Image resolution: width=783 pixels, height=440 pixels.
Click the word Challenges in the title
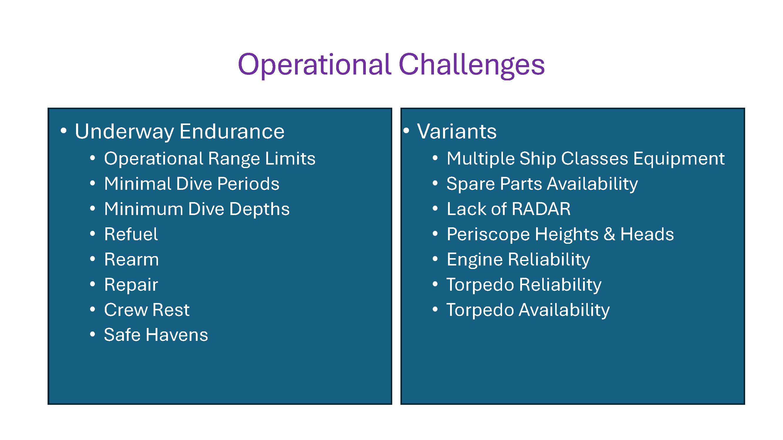[472, 65]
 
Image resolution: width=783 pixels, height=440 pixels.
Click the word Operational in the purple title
[314, 65]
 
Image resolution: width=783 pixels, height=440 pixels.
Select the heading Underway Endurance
[179, 131]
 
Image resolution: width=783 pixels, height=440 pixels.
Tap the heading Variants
[457, 131]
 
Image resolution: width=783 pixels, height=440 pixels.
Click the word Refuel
[131, 234]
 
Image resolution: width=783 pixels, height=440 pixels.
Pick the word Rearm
[131, 260]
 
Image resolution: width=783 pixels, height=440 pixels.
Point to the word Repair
[131, 285]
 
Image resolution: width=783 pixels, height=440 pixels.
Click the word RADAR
[541, 209]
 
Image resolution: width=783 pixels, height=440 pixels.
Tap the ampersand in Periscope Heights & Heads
[609, 234]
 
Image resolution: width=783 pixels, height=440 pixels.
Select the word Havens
[177, 335]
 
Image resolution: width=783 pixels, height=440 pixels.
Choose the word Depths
[259, 209]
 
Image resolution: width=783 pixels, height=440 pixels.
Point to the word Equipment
[679, 159]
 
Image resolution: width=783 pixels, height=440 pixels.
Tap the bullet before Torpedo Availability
[435, 309]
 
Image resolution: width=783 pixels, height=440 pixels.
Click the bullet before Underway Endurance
[63, 131]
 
